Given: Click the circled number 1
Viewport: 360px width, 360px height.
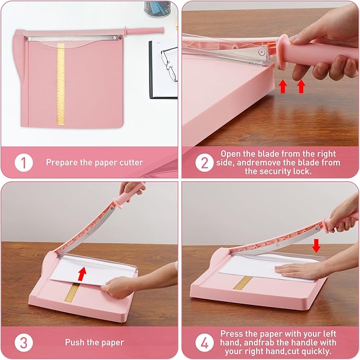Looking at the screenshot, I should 23,162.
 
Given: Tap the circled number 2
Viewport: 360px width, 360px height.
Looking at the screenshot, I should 204,162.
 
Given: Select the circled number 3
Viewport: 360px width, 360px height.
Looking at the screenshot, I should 23,342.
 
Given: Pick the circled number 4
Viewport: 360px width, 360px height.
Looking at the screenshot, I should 204,342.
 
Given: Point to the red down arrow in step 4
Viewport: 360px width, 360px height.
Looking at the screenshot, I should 317,245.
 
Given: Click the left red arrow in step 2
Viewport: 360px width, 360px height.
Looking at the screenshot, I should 284,86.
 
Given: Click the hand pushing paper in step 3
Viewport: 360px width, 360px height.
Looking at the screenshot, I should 118,287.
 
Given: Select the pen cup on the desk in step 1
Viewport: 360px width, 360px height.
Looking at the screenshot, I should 157,8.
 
